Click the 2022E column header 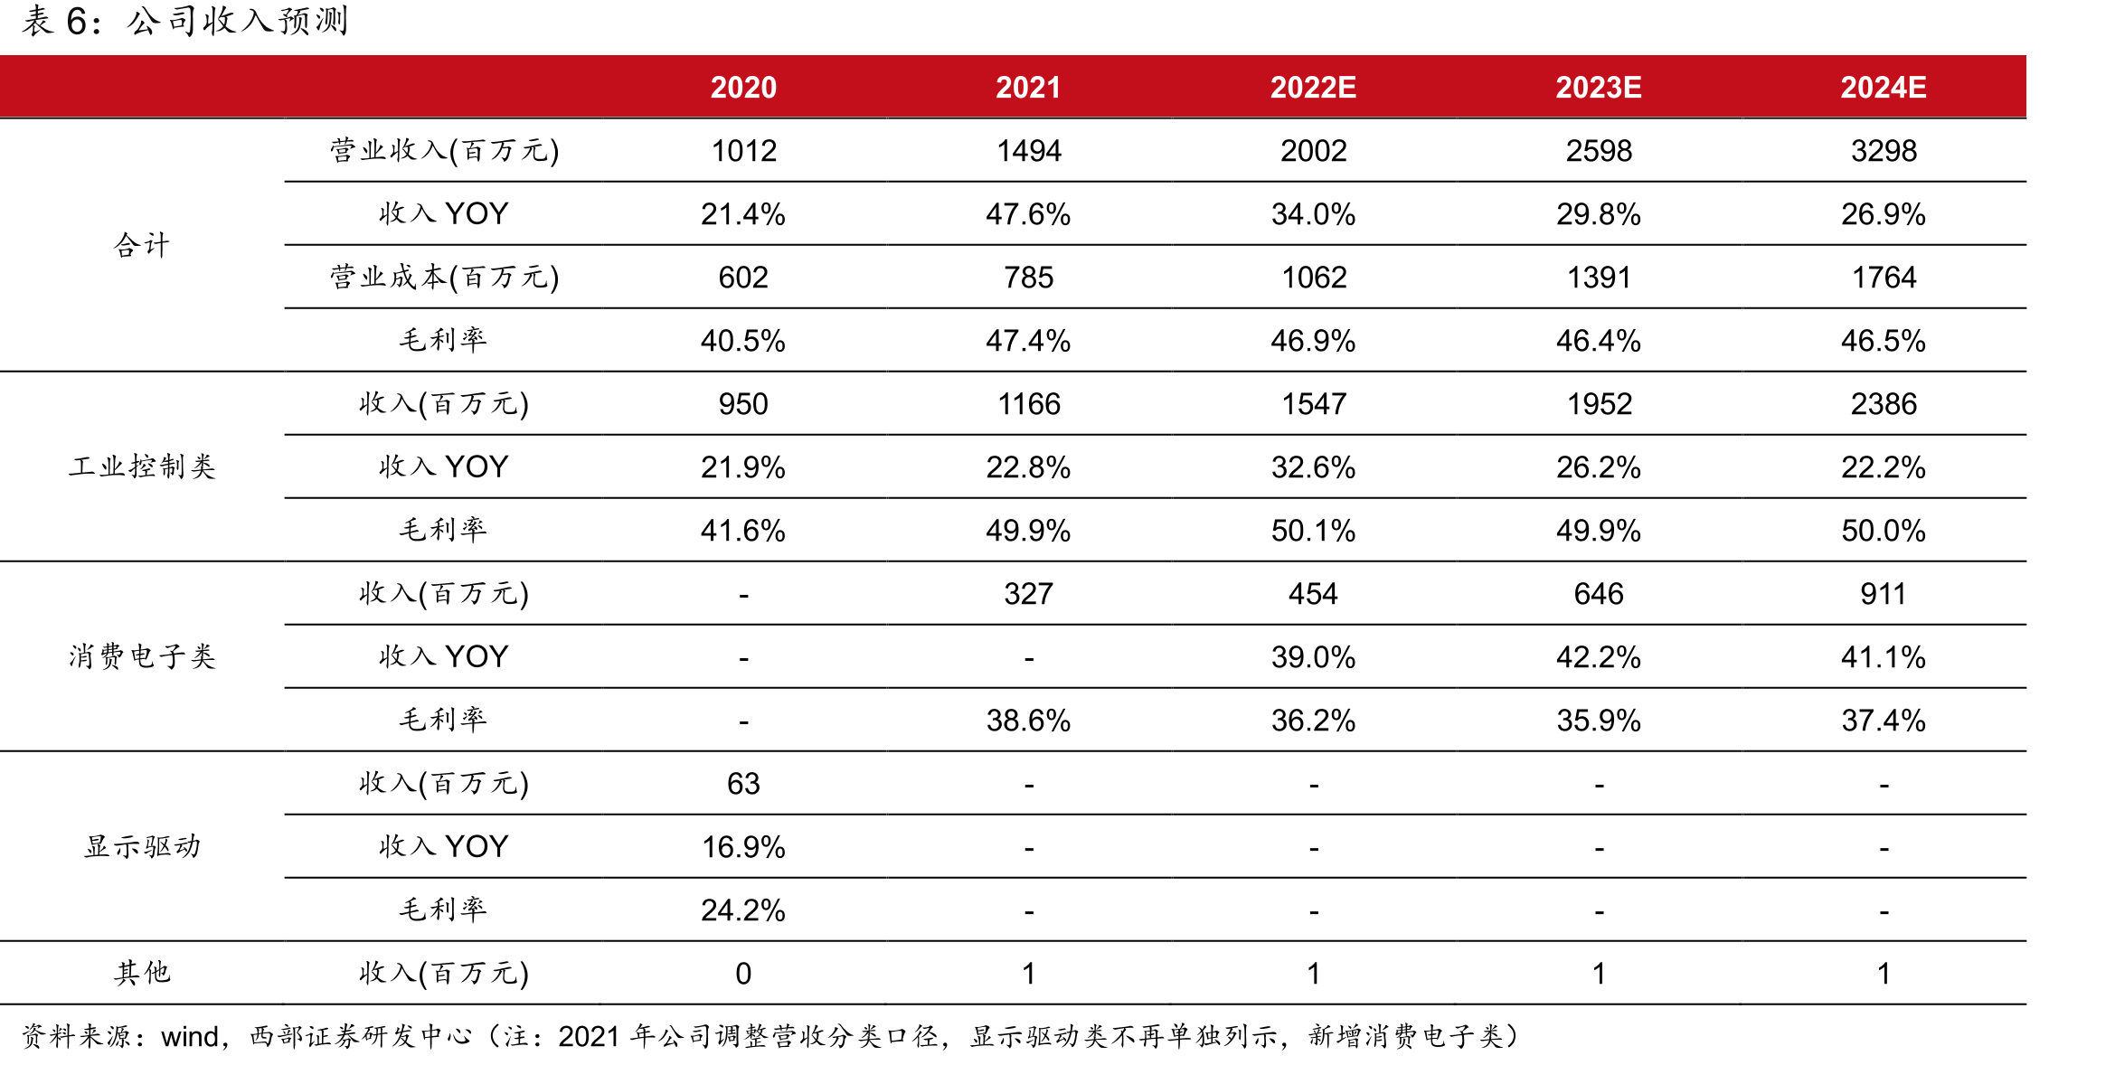[x=1313, y=87]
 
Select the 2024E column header [x=1884, y=87]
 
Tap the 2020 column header [x=743, y=87]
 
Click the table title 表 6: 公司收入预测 [x=185, y=21]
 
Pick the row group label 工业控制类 [x=143, y=467]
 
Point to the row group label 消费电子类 [x=143, y=656]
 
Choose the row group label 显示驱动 [x=143, y=846]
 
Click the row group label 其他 [x=143, y=973]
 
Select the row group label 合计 [x=143, y=245]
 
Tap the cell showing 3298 [x=1884, y=151]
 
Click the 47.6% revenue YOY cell [x=1028, y=214]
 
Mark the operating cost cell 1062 [x=1314, y=278]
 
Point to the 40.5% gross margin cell [x=743, y=341]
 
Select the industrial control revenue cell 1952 [x=1599, y=404]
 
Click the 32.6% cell [x=1313, y=467]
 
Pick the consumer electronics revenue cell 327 [x=1028, y=594]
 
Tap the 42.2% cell [x=1599, y=657]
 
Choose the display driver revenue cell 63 [x=743, y=784]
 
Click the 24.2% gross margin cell [x=743, y=910]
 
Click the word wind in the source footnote [x=190, y=1036]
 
